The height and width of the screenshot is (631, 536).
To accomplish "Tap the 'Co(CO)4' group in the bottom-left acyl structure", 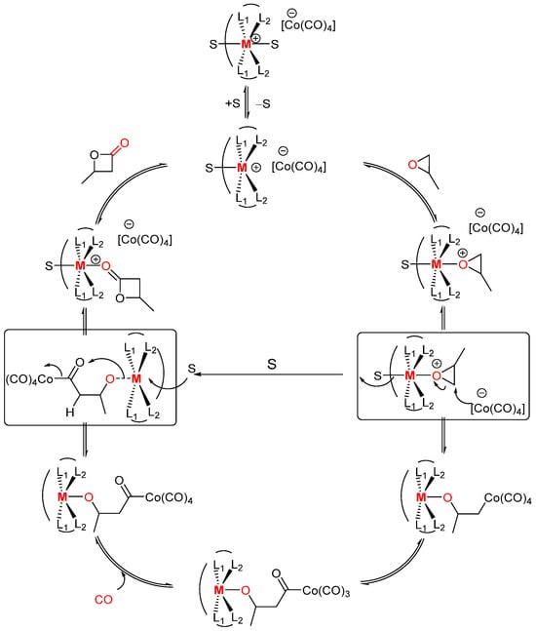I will coord(179,500).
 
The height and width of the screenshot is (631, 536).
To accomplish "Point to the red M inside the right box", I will coord(410,373).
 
